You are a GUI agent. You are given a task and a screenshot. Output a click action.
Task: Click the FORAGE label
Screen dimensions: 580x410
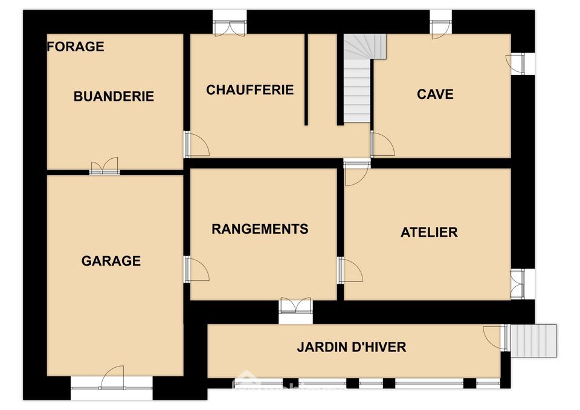[x=76, y=46]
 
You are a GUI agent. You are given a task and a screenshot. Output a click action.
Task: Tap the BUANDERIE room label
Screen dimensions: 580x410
[x=114, y=96]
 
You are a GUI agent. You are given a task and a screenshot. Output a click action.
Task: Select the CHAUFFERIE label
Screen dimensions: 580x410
[x=250, y=89]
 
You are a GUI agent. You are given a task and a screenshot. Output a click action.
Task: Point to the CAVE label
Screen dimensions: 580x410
[x=435, y=94]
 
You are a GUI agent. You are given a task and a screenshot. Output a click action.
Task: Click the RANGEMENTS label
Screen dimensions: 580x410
[x=260, y=229]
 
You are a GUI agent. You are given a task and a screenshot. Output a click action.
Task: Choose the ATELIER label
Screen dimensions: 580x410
[x=429, y=232]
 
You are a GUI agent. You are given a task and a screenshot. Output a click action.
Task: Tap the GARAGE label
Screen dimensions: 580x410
[x=111, y=261]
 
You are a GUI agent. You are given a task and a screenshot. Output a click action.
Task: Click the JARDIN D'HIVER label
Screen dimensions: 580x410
[x=352, y=347]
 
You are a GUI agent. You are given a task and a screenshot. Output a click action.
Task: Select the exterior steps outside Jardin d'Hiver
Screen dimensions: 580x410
[x=533, y=341]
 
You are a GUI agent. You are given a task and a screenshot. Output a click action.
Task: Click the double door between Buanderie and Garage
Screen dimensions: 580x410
[x=105, y=166]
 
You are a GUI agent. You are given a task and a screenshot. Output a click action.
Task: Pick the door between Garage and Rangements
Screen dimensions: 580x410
[x=197, y=269]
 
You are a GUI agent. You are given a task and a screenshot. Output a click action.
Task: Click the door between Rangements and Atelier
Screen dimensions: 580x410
[x=350, y=270]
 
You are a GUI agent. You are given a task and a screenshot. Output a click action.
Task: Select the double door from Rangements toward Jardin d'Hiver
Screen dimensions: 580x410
[x=295, y=306]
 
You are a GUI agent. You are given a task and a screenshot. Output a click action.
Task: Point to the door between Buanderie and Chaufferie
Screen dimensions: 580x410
[x=197, y=144]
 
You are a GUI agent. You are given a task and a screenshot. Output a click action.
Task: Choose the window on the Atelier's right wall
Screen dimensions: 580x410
[x=518, y=284]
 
